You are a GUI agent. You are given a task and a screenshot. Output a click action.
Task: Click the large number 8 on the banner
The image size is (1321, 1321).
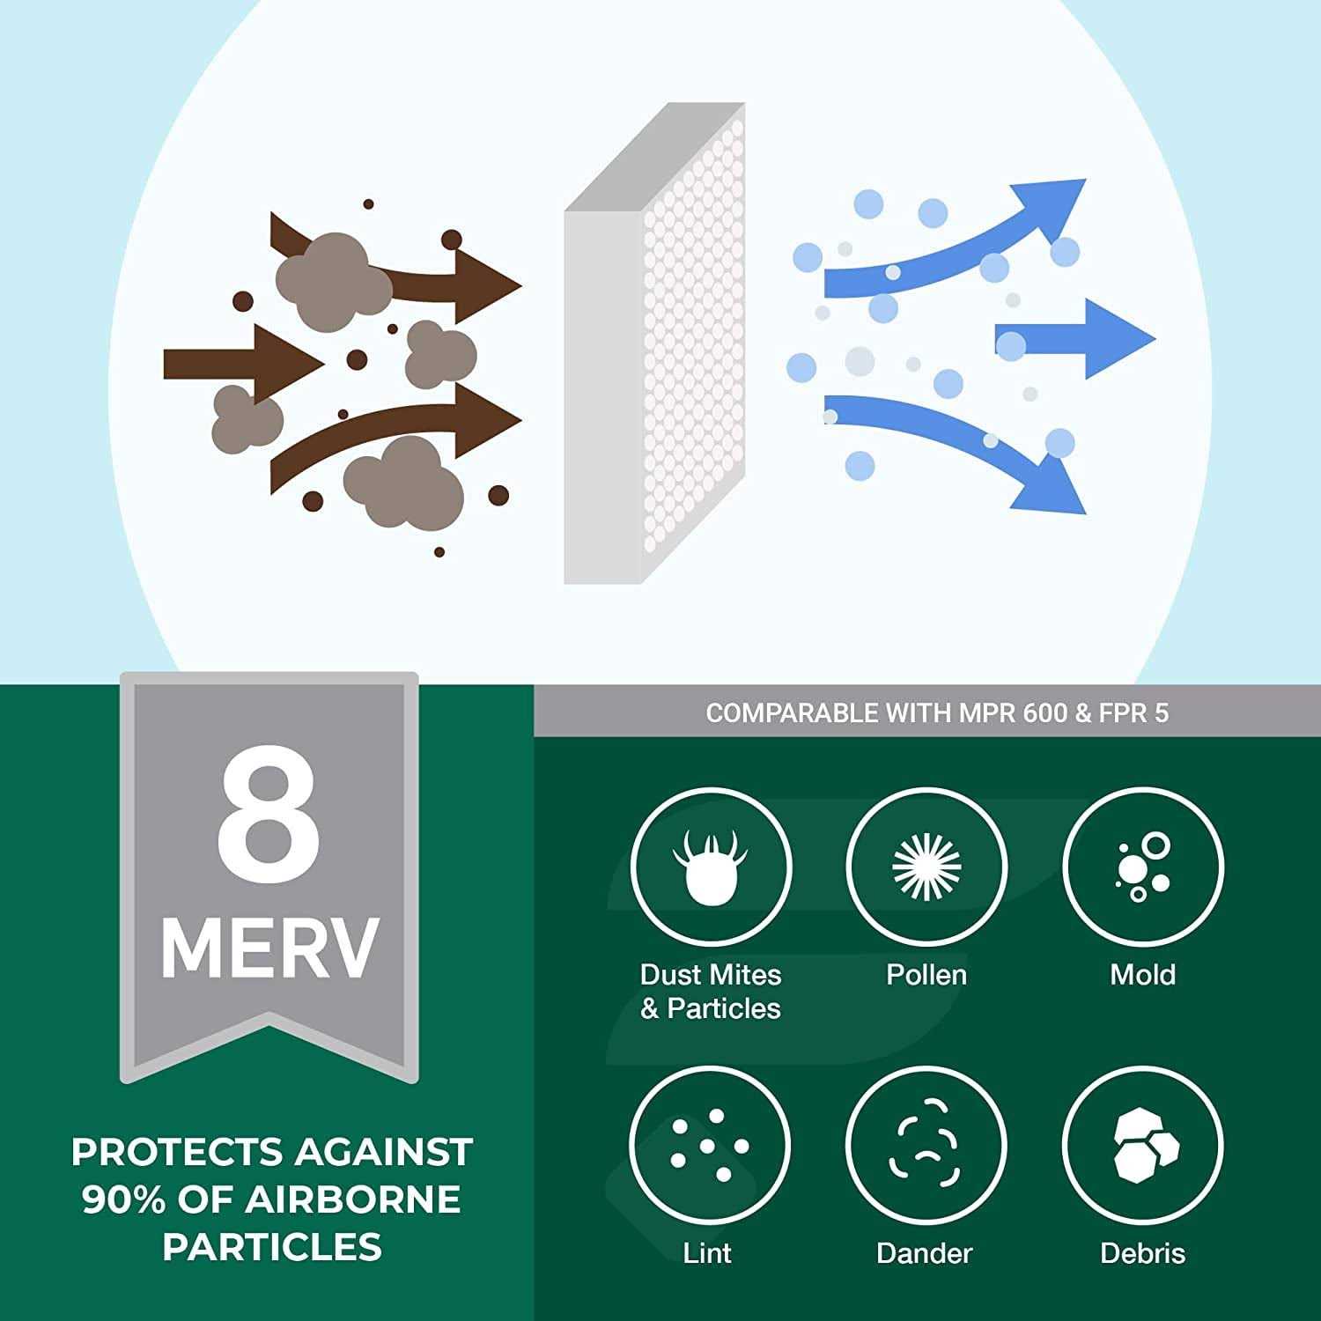269,815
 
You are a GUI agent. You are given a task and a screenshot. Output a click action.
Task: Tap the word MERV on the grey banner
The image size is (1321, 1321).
269,948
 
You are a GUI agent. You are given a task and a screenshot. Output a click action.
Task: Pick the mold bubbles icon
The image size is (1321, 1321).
1142,867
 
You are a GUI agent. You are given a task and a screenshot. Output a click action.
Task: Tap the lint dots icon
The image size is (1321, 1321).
710,1145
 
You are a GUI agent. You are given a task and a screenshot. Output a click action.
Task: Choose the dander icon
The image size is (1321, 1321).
925,1145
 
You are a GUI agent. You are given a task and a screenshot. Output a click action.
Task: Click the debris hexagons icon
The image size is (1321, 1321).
1142,1145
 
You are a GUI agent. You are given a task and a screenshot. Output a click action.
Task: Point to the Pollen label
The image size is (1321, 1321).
926,975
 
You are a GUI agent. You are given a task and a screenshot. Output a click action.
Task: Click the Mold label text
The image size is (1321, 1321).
1142,975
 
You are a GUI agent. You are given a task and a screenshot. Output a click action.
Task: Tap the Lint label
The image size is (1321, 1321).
707,1252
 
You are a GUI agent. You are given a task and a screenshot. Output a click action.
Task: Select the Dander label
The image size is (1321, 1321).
925,1252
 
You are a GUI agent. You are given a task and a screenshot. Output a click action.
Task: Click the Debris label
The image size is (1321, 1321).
1142,1252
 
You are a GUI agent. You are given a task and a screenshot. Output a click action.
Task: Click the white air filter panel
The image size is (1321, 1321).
656,352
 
